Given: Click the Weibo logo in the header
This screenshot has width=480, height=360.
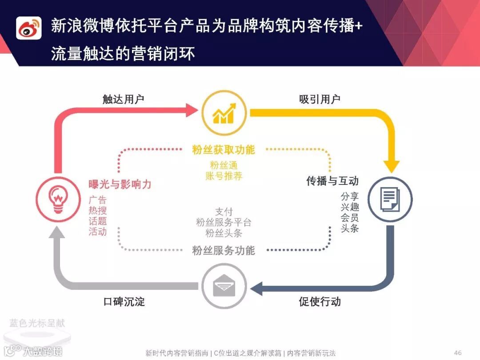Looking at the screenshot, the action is (29, 28).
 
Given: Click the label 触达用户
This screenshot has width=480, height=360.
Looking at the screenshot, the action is (123, 99).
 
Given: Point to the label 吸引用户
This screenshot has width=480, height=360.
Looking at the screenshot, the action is (320, 99).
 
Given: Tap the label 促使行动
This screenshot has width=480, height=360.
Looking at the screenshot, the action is (320, 302).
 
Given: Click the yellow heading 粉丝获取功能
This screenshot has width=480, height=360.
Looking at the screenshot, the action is (224, 150).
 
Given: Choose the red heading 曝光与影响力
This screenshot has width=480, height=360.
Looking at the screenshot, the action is (120, 184).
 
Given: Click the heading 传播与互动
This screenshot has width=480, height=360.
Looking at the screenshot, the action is (332, 181).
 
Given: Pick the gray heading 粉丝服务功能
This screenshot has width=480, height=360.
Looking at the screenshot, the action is (224, 251).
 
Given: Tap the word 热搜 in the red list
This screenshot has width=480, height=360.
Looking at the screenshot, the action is (98, 210).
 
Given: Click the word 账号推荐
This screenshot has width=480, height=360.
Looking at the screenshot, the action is (224, 176).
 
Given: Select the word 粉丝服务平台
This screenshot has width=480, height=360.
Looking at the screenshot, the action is (224, 222).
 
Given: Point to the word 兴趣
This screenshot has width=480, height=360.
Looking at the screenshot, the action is (350, 207).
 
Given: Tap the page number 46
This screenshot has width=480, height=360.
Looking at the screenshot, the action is (458, 353).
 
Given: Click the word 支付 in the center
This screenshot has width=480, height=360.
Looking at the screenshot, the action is (224, 212).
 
